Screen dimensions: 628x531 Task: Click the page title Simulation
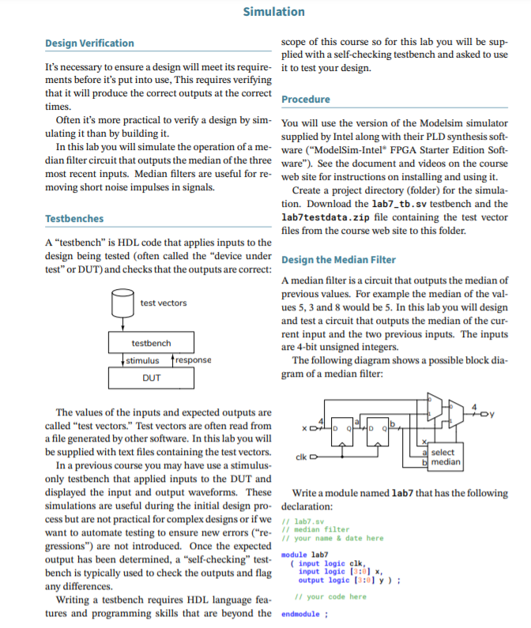point(273,11)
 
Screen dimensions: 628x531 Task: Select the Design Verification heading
point(89,43)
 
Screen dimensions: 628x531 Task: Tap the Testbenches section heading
point(74,218)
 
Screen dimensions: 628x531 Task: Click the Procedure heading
point(306,100)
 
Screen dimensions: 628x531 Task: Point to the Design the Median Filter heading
point(338,260)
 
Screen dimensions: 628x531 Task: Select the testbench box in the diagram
point(151,344)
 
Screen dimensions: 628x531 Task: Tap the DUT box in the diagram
point(151,378)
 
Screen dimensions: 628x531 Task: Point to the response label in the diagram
point(192,360)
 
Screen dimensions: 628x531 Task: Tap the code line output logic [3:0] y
point(345,580)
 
